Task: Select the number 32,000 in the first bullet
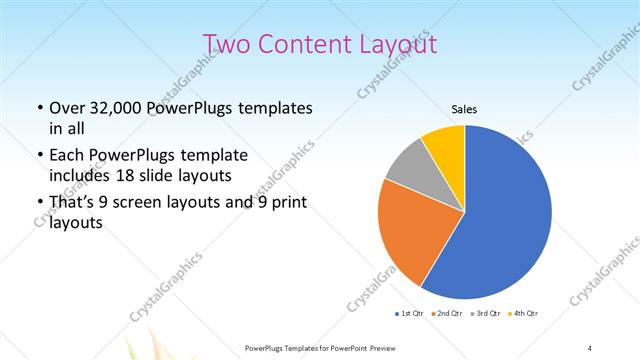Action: tap(117, 108)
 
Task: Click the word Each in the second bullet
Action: tap(67, 155)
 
